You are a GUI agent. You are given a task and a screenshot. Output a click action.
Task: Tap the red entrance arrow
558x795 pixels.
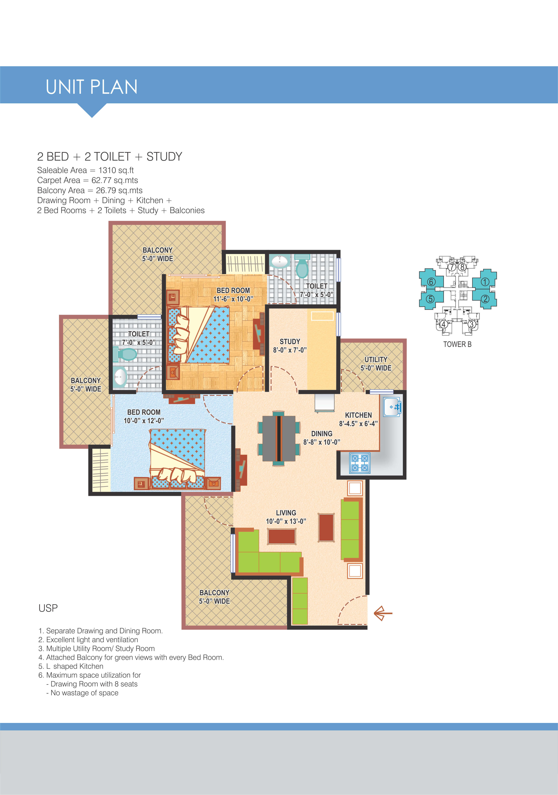383,613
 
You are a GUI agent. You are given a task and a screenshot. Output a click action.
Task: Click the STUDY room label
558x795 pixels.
290,341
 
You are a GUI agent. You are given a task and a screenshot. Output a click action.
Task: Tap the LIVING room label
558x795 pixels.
286,513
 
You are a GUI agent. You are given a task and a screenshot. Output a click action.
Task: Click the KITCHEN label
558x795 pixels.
358,415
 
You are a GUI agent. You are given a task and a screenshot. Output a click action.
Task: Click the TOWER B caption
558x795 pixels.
457,344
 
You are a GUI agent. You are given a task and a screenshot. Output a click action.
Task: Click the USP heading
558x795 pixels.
48,608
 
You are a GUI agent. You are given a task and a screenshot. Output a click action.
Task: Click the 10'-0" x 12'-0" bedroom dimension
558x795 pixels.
144,421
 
